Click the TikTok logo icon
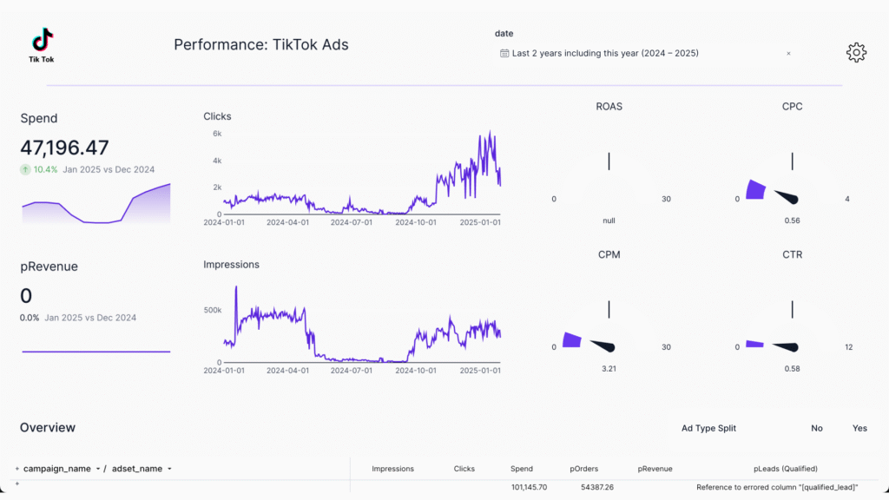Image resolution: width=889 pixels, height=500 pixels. click(42, 40)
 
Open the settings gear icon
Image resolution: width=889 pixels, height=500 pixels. click(856, 52)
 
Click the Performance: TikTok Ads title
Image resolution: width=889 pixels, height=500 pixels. click(261, 44)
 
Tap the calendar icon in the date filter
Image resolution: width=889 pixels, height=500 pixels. click(504, 53)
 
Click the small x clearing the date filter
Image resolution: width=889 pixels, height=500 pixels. click(788, 54)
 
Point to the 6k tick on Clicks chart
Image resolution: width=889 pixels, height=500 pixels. click(217, 134)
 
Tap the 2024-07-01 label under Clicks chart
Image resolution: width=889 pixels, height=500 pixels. click(352, 222)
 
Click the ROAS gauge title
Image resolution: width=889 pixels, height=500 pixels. click(609, 107)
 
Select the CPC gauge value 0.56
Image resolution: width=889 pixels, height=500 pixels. click(792, 220)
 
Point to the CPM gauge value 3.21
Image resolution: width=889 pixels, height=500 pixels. click(609, 369)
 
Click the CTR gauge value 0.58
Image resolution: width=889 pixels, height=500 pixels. click(792, 369)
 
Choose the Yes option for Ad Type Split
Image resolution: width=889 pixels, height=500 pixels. click(859, 428)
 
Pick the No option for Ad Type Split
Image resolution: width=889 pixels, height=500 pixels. click(817, 428)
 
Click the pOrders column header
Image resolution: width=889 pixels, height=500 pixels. click(584, 469)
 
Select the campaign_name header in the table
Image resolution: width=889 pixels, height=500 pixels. click(57, 469)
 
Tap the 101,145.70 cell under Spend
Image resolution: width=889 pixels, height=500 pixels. click(529, 487)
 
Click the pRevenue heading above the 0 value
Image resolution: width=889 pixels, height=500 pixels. click(49, 266)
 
